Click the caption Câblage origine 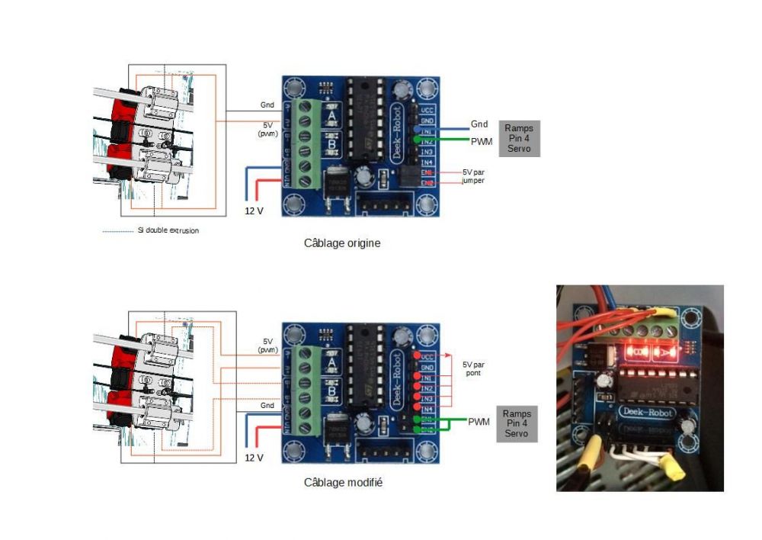(341, 243)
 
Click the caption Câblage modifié (343, 482)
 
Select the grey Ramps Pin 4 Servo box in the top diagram (519, 138)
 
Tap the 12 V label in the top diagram (254, 210)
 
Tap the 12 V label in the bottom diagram (254, 458)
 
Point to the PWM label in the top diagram (482, 141)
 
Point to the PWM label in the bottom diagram (479, 422)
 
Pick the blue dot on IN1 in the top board (416, 130)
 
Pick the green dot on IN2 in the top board (416, 140)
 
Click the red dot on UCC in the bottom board (416, 356)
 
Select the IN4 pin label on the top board (428, 162)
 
